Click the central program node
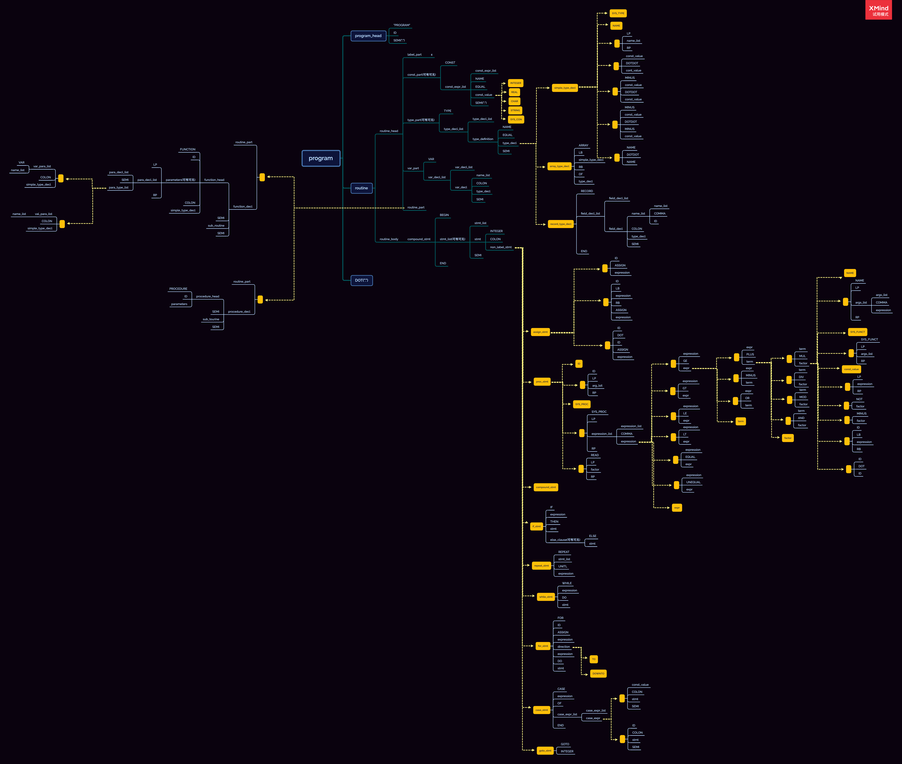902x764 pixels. coord(321,158)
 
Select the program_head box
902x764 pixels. coord(368,36)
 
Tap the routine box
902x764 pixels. coord(361,188)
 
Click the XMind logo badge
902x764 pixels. coord(878,10)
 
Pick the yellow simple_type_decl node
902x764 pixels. coord(565,88)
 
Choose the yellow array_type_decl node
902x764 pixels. coord(559,166)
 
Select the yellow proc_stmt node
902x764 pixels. coord(542,382)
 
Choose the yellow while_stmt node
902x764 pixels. coord(546,597)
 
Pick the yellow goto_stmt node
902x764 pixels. coord(545,751)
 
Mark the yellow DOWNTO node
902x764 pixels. coord(598,674)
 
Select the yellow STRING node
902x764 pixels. coord(515,110)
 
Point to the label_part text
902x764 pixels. coord(414,55)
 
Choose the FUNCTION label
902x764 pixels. coord(187,149)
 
